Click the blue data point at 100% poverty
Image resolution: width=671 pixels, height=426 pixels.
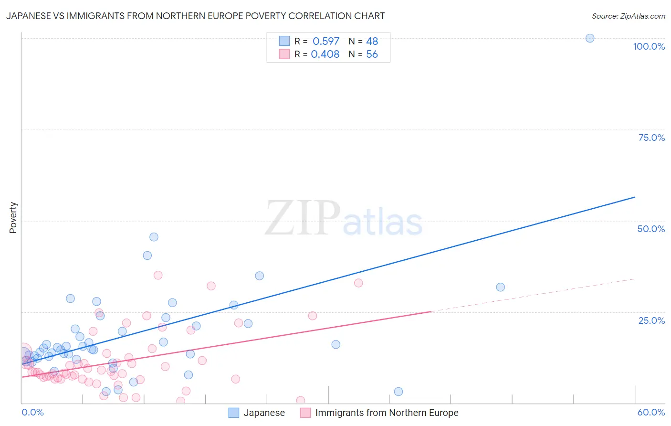pos(590,38)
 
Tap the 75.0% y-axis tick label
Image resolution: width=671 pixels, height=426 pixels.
pos(651,138)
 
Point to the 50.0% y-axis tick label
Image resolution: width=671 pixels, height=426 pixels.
pos(651,229)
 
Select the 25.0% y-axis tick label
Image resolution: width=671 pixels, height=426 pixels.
pos(651,320)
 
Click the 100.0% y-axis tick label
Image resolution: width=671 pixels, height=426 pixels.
pos(649,46)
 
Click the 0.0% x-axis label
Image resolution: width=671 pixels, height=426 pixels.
pos(32,412)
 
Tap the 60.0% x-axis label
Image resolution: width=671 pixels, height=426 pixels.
pos(651,412)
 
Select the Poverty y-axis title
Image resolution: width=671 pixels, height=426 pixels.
pos(13,218)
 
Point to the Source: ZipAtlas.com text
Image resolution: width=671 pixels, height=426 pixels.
pos(628,16)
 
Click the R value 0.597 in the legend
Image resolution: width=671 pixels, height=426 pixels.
pos(325,41)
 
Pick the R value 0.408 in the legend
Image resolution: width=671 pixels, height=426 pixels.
pos(325,54)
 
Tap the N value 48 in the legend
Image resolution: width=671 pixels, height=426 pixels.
pos(372,41)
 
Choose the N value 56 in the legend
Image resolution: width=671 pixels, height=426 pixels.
pos(372,54)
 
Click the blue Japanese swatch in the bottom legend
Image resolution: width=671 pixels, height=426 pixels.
pos(233,413)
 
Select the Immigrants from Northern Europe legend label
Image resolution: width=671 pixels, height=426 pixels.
pos(387,413)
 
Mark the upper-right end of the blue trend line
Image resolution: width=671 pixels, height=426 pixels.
pos(635,197)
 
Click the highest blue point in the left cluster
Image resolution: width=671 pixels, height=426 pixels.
pos(154,237)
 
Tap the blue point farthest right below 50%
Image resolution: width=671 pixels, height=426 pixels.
pos(500,287)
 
